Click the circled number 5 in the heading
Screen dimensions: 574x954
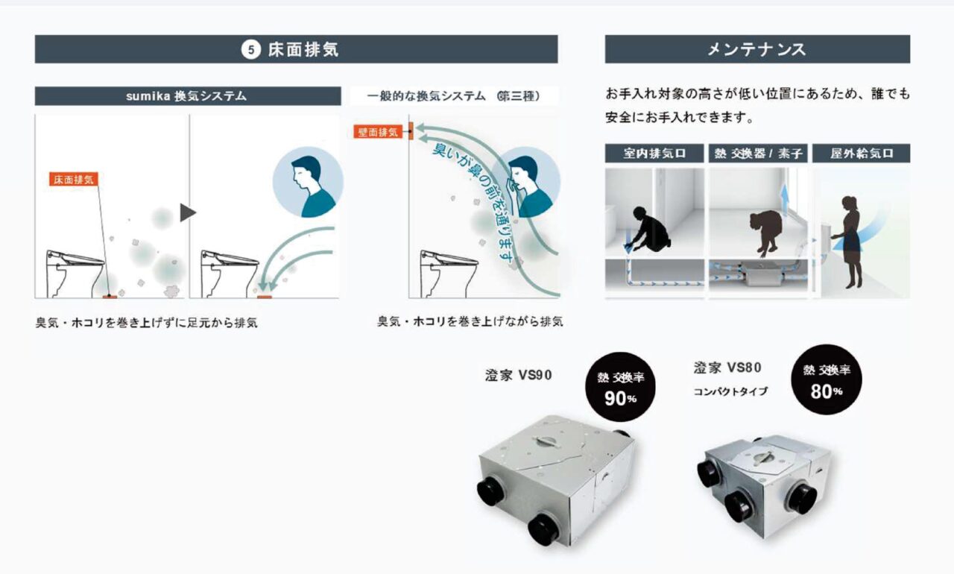tap(251, 50)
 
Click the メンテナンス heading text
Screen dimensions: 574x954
tap(756, 50)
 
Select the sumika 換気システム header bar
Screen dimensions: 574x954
tap(186, 96)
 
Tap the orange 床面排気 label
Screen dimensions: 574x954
tap(73, 180)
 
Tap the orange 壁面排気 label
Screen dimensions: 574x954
tap(378, 132)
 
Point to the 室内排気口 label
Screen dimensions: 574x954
tap(654, 154)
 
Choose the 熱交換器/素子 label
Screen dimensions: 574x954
tap(757, 154)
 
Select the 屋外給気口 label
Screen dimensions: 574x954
tap(861, 154)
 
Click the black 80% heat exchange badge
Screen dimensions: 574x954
tap(826, 380)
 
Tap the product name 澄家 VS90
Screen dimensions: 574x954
tap(519, 375)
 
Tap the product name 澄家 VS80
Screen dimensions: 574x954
tap(727, 368)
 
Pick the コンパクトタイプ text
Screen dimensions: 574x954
tap(730, 391)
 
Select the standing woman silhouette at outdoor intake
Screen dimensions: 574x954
tap(848, 242)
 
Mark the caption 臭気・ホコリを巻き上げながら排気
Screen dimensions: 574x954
tap(470, 322)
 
